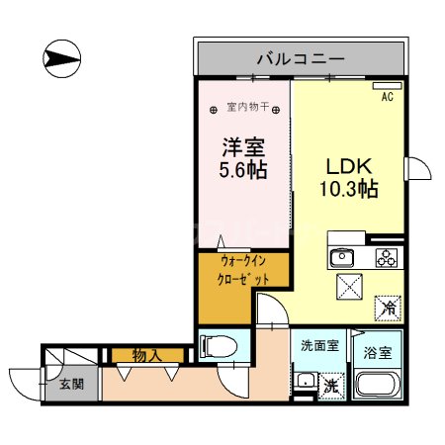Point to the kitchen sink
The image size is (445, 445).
click(341, 259)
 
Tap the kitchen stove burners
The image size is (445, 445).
click(385, 259)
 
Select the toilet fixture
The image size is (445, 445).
click(219, 345)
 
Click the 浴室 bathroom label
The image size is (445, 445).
click(380, 350)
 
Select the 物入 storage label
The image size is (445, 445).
click(149, 354)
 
